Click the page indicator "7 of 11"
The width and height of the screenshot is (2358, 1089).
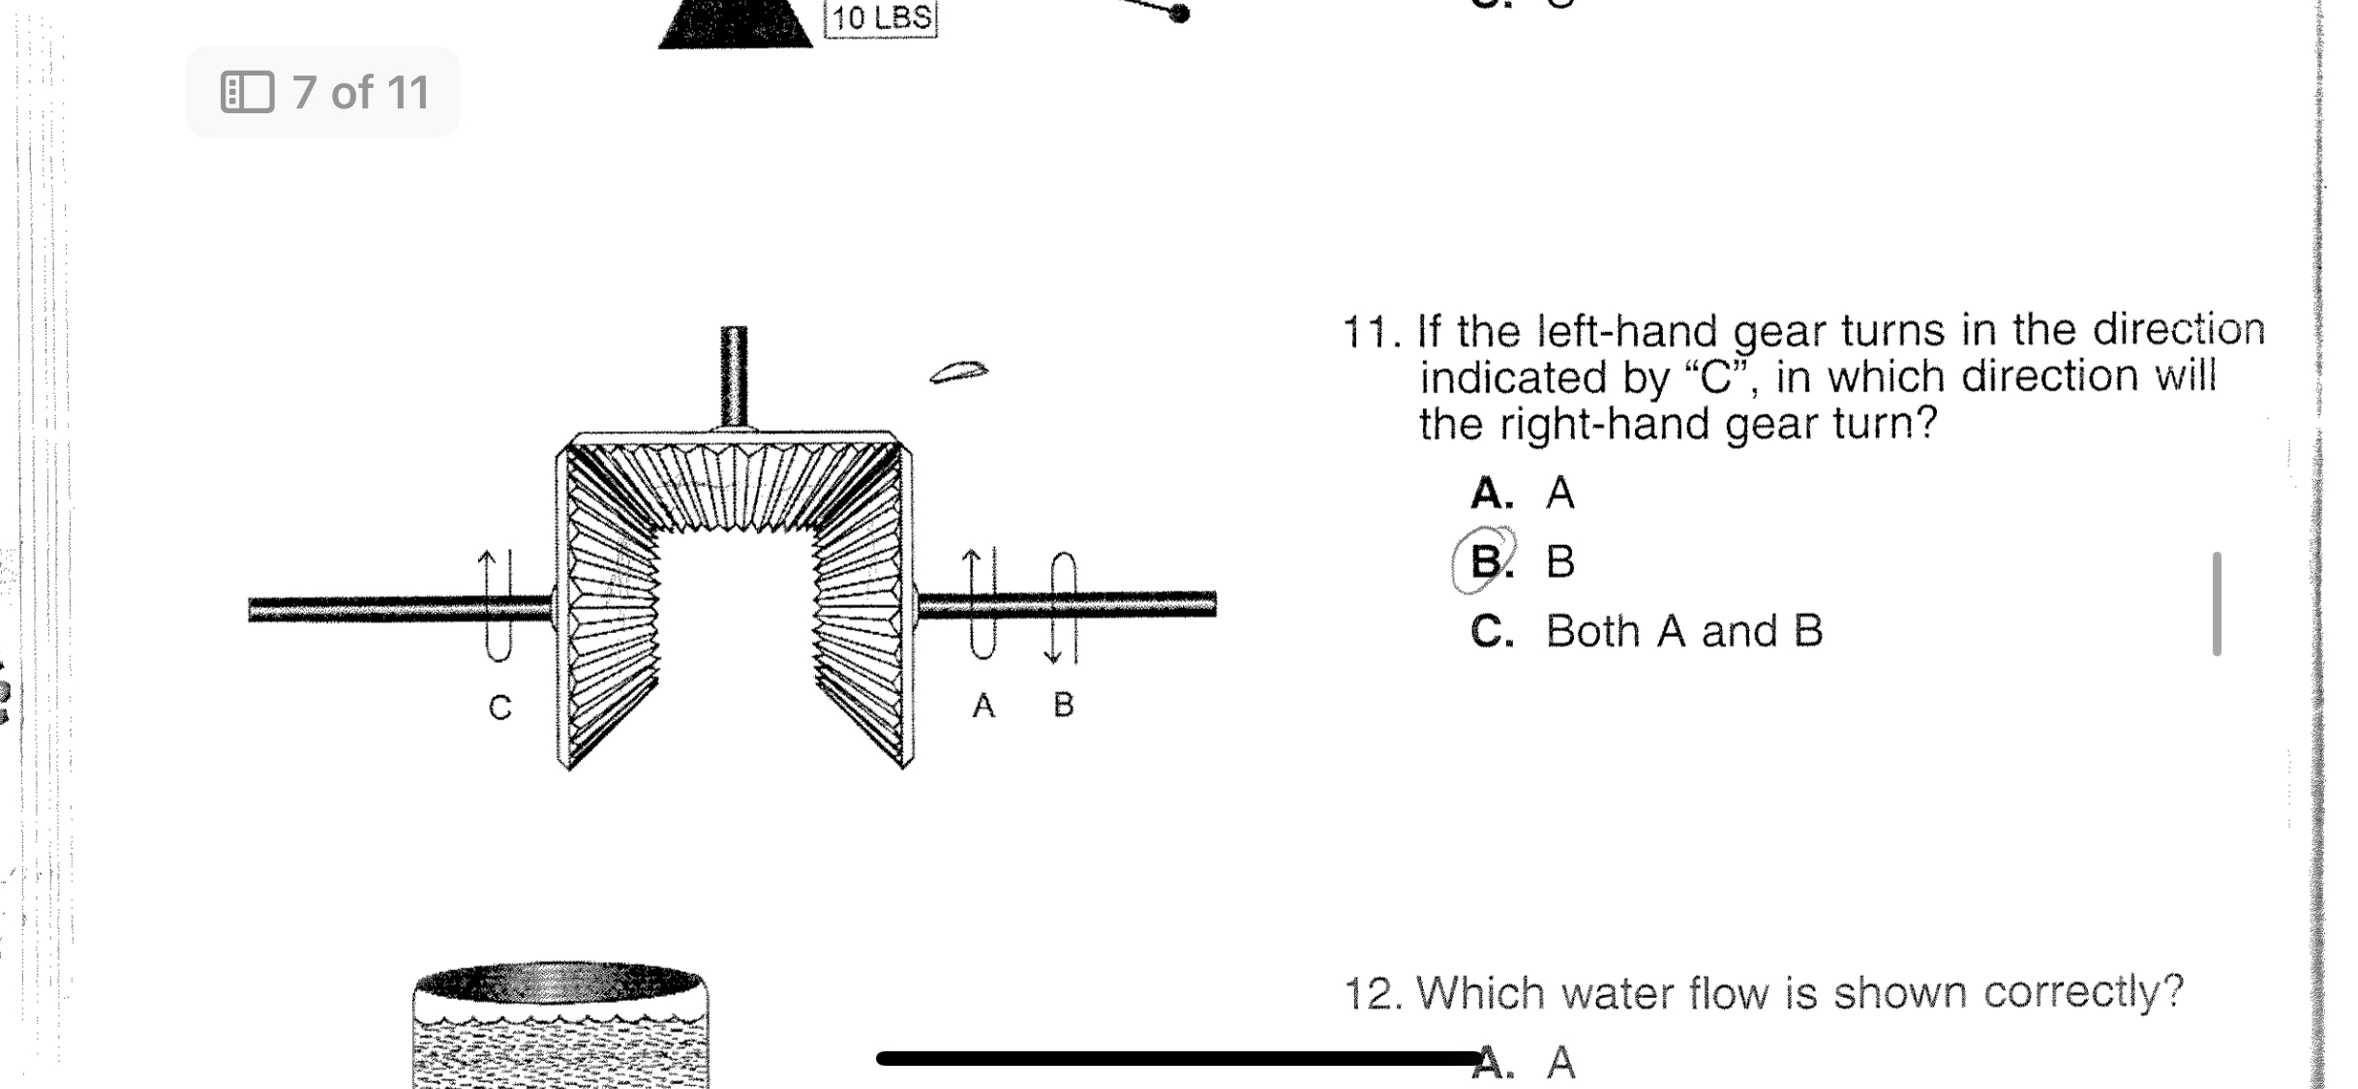[360, 93]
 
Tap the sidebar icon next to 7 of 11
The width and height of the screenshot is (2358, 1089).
[247, 92]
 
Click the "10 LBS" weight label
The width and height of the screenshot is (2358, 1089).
[880, 18]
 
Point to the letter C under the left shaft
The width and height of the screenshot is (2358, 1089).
[499, 708]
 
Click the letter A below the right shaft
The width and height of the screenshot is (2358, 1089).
[983, 706]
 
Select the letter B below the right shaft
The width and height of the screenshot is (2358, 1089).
[1064, 705]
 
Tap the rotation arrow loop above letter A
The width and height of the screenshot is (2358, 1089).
[982, 605]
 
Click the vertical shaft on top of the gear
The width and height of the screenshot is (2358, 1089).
[734, 378]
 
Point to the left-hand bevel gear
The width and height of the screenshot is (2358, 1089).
[610, 605]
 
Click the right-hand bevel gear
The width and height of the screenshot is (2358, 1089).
[862, 605]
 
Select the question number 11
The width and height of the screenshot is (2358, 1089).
[1370, 333]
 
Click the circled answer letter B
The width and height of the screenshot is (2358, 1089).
[1486, 560]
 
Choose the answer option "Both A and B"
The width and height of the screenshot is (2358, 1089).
[1683, 631]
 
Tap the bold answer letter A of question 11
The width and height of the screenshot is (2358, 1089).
[1491, 494]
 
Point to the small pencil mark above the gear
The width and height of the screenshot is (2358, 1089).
[958, 372]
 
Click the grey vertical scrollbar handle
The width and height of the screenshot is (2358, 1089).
[2217, 604]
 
